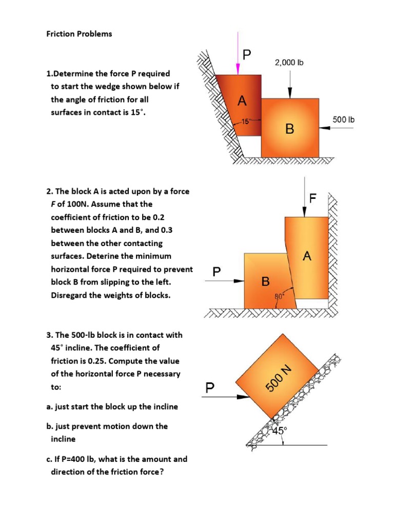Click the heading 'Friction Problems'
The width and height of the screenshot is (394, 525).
[79, 34]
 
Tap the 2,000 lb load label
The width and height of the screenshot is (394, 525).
[289, 63]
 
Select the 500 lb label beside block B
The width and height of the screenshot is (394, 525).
[343, 119]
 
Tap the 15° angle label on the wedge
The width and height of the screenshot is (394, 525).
[245, 122]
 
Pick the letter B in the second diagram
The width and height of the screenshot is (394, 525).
[265, 281]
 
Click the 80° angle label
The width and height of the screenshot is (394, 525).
[280, 296]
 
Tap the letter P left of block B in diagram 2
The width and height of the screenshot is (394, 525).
[217, 273]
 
